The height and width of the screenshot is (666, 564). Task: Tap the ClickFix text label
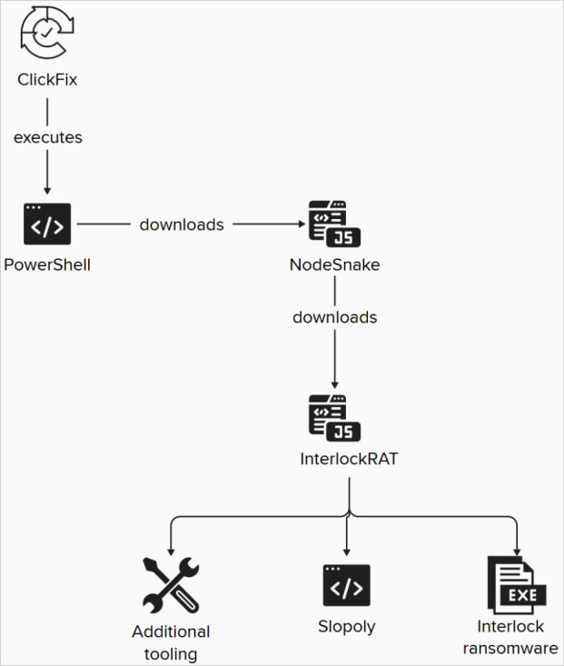pos(47,80)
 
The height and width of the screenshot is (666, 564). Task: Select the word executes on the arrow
pos(47,138)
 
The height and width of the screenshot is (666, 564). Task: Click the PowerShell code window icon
pos(47,224)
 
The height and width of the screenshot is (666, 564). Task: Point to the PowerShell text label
pos(47,265)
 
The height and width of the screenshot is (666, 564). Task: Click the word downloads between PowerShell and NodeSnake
pos(182,224)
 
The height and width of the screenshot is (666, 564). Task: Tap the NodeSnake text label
pos(334,265)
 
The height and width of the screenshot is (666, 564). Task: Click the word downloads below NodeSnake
pos(334,318)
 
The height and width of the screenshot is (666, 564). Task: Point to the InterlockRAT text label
pos(349,460)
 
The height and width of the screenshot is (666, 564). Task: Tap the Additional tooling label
pos(171,641)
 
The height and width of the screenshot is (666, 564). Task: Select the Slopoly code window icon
pos(347,586)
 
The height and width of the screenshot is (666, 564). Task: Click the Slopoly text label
pos(347,627)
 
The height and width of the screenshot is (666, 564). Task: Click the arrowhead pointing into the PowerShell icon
pos(47,192)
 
